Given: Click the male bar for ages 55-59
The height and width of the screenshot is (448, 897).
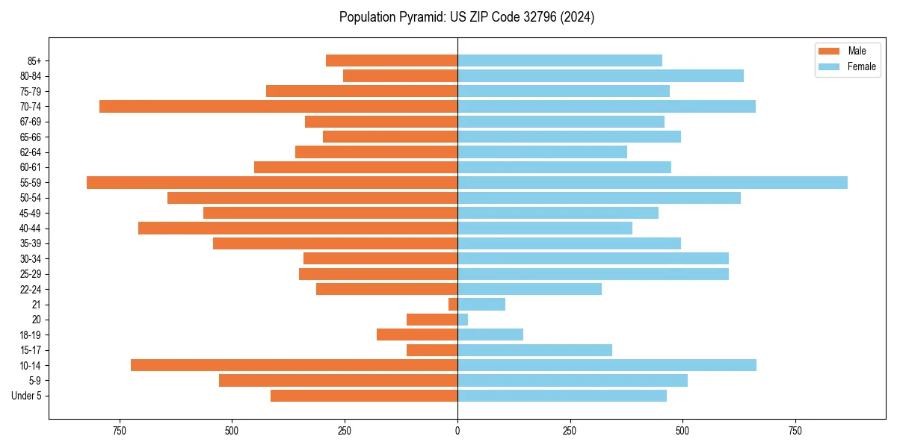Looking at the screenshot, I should coord(272,182).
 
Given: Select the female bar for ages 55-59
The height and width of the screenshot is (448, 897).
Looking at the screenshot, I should coord(652,182).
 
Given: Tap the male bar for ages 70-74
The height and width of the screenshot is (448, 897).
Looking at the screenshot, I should coord(278,106).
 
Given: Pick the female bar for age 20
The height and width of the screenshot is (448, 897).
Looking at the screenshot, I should coord(463,320).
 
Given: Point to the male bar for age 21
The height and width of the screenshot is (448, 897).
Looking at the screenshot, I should coord(453,304).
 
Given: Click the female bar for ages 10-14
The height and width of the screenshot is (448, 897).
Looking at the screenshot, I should coord(606,365).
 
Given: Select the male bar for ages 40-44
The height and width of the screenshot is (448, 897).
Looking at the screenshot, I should coord(298,228).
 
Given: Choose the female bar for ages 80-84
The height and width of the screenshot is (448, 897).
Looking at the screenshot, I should coord(600,75).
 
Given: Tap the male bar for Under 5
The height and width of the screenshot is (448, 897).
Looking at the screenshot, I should coord(364,396).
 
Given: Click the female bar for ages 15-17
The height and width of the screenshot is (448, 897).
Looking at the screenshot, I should coord(534,349).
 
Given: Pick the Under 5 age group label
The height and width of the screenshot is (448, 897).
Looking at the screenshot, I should coord(27,396).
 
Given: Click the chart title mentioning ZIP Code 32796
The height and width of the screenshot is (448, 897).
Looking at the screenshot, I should coord(466,17).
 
